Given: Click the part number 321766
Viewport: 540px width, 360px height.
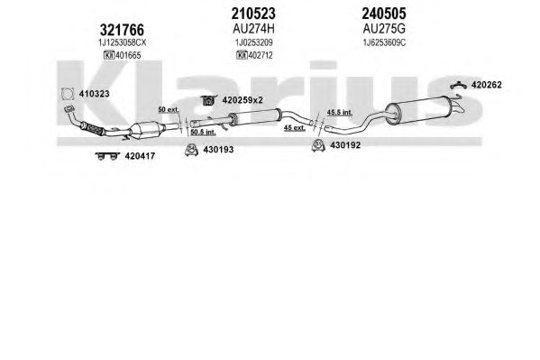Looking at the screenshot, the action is pos(122,30).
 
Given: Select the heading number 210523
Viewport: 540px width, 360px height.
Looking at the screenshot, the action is pos(253,14).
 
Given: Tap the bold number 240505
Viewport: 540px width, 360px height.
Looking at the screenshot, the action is pos(384,14).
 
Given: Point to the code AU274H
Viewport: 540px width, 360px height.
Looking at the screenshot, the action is pos(253,29).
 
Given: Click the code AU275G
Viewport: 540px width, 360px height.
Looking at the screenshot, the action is pos(384,29).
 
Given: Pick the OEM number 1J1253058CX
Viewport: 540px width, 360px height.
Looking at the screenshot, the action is pos(123,42).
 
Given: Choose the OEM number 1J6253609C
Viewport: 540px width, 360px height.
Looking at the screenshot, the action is pos(384,42).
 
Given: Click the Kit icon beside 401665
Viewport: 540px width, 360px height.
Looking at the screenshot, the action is pos(109,55).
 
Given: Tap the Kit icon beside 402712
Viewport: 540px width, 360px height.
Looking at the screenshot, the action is pos(242,55).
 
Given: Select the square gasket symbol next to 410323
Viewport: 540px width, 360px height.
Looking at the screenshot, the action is pos(68,94).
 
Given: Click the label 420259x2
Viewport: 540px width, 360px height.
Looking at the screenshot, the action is pos(243,100).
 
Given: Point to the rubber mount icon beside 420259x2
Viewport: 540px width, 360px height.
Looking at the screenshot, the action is pos(208,100).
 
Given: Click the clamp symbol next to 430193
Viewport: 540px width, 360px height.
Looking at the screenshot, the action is pos(191,149).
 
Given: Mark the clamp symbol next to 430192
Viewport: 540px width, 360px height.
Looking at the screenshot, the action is pos(318,145).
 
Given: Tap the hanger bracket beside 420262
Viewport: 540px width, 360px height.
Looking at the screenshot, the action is pos(458,85).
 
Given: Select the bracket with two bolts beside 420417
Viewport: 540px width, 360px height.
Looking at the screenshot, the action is pos(107,156).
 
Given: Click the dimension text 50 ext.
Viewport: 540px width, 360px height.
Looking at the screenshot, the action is pos(169,110).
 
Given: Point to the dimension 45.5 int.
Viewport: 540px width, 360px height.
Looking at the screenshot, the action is pos(339,113).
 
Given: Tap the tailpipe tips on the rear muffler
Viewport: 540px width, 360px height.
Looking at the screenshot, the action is pos(459,106).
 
